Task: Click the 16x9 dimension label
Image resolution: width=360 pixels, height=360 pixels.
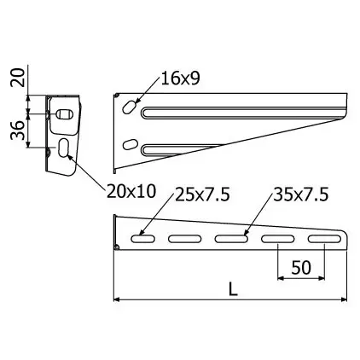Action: [180, 78]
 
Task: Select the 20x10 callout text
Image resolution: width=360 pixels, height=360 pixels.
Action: [131, 191]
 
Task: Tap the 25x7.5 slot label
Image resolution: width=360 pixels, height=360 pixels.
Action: [202, 195]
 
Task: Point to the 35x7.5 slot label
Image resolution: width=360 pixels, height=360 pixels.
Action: [301, 195]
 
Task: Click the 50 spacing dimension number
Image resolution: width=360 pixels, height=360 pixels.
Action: [301, 268]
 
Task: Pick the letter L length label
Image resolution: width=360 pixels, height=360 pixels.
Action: [233, 290]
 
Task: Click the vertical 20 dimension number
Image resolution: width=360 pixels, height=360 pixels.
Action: [18, 78]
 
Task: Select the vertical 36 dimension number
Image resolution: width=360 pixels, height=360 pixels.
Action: [18, 130]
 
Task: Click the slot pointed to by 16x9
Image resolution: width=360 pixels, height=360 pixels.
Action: [130, 107]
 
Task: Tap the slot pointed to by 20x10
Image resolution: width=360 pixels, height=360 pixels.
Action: [63, 148]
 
